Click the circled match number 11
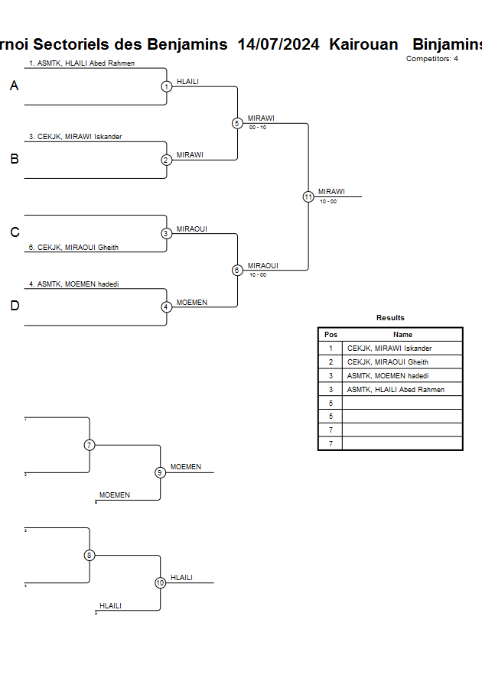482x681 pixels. point(308,196)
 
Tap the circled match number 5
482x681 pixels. point(237,123)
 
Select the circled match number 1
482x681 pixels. point(167,86)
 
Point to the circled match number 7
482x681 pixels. point(90,445)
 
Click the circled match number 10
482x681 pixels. point(161,582)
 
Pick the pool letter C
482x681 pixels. point(14,233)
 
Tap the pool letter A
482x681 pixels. point(14,86)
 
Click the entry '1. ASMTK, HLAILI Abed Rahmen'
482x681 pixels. point(82,63)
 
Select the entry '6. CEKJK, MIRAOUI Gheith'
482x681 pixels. point(73,247)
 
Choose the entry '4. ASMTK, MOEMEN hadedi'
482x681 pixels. point(73,284)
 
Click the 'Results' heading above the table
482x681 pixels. point(390,318)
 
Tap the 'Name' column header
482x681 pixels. point(402,335)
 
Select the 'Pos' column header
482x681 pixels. point(331,335)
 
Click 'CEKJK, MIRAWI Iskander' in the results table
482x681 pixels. point(389,349)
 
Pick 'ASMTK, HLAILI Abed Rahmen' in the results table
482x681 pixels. point(396,390)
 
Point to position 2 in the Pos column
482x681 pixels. point(331,362)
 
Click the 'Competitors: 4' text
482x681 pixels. point(432,59)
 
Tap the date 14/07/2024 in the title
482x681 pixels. point(278,44)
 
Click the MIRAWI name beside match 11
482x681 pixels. point(331,191)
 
